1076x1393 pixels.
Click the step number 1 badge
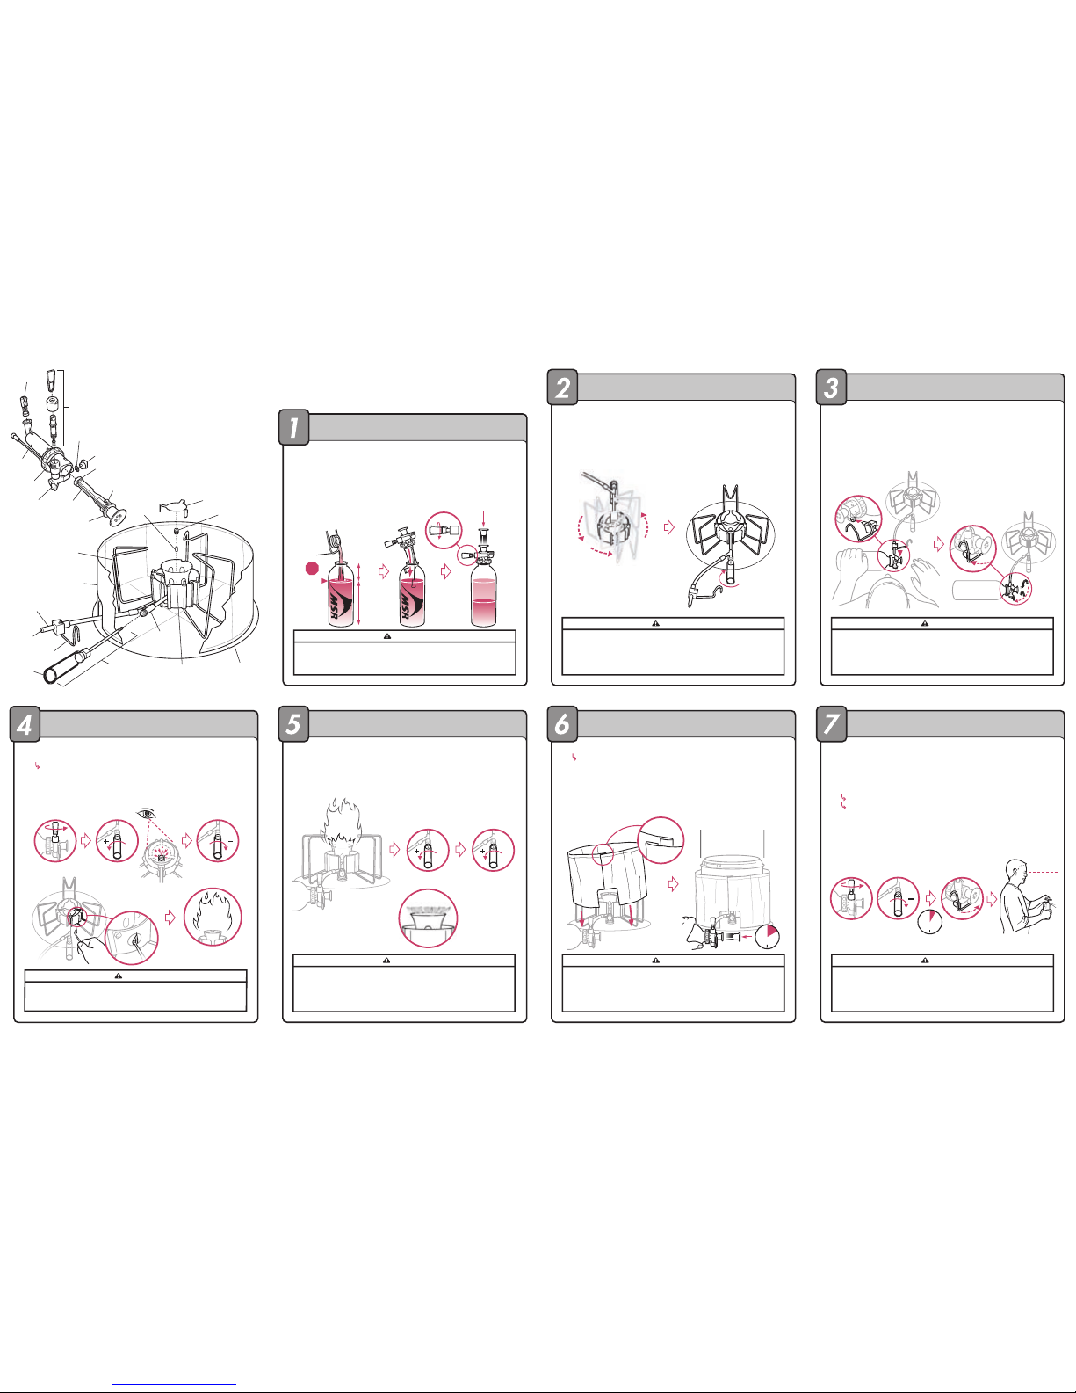pos(294,427)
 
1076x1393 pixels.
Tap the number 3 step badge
pos(831,388)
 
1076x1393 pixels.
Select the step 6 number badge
pos(562,724)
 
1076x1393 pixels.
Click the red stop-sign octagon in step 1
pos(312,568)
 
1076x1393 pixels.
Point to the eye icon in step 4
pos(148,814)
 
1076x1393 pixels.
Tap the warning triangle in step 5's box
pos(386,961)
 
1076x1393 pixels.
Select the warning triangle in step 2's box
pos(656,623)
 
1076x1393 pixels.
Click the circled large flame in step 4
pos(213,917)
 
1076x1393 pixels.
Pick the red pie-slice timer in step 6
pos(768,937)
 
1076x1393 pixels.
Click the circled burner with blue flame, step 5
pos(428,918)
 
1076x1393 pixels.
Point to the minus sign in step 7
pos(911,899)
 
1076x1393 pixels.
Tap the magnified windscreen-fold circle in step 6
pos(661,840)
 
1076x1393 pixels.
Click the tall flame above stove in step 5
pos(341,822)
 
